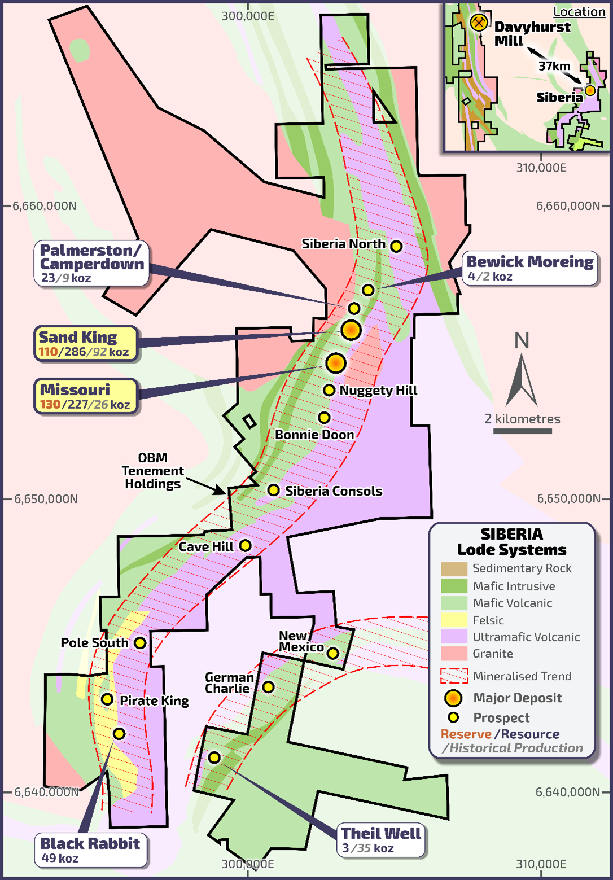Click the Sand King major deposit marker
(x=351, y=330)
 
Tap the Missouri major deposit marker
(x=336, y=362)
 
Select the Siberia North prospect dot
(x=396, y=246)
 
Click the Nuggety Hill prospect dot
(x=329, y=390)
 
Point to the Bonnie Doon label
(x=314, y=435)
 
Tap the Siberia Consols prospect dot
(x=273, y=490)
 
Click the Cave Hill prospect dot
(x=245, y=546)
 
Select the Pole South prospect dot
(x=140, y=643)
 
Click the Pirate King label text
(x=154, y=701)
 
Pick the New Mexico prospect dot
(x=332, y=653)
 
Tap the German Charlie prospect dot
(x=269, y=687)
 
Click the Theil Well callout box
(x=381, y=840)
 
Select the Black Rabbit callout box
(x=90, y=850)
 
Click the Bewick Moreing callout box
(x=529, y=268)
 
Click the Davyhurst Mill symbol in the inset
(x=479, y=23)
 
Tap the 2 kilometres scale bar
(x=523, y=431)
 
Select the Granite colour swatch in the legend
(x=454, y=654)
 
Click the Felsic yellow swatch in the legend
(x=454, y=620)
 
